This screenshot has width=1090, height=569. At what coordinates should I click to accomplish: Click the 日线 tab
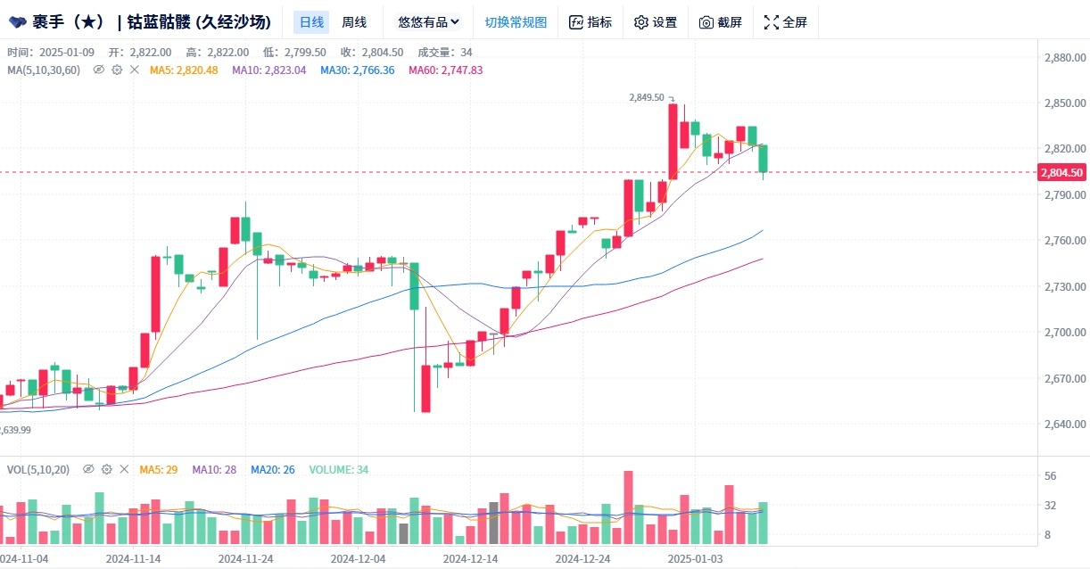tap(311, 22)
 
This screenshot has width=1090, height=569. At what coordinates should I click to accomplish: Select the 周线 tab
tap(354, 22)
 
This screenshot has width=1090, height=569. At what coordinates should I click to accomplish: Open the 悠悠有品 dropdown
tap(428, 22)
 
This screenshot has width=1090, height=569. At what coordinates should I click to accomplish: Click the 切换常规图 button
tap(516, 22)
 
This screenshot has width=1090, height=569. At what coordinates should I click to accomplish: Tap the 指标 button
tap(590, 22)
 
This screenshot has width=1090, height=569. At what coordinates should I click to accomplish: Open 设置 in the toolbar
tap(655, 22)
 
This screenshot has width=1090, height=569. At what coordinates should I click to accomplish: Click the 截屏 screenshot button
tap(720, 22)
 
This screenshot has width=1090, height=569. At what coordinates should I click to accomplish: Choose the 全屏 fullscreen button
tap(785, 22)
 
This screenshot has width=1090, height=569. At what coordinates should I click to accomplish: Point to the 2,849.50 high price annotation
tap(647, 97)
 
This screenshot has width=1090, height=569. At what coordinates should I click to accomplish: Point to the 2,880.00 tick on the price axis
tap(1063, 58)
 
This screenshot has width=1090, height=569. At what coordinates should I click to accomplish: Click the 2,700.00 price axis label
tap(1063, 333)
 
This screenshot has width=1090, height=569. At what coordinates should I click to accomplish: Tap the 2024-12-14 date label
tap(471, 558)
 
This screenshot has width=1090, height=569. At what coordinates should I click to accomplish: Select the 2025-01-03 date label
tap(696, 558)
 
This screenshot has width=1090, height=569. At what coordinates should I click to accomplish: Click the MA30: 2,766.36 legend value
tap(357, 70)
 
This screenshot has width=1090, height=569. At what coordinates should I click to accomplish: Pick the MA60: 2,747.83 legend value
tap(445, 70)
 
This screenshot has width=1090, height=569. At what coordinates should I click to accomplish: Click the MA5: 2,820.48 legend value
tap(184, 70)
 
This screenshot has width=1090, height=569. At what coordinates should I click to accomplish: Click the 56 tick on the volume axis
tap(1050, 476)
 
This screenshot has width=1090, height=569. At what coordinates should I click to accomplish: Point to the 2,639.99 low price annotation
tap(16, 430)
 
